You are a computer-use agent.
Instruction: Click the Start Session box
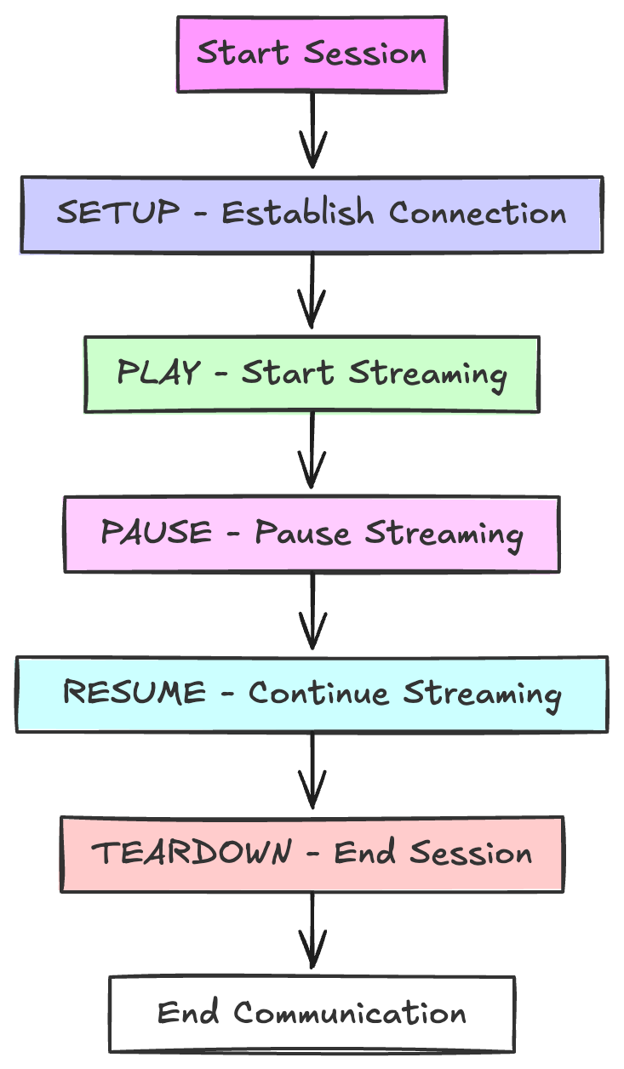pyautogui.click(x=312, y=54)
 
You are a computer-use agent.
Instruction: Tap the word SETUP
pyautogui.click(x=118, y=212)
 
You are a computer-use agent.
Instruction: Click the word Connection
pyautogui.click(x=478, y=213)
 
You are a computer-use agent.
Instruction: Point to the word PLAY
pyautogui.click(x=158, y=372)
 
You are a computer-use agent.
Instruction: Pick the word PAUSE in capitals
pyautogui.click(x=156, y=532)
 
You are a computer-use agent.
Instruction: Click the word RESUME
pyautogui.click(x=135, y=692)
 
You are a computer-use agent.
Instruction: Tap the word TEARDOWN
pyautogui.click(x=192, y=852)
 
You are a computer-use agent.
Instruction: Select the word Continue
pyautogui.click(x=318, y=693)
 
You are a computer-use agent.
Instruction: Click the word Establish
pyautogui.click(x=298, y=213)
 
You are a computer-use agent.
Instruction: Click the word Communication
pyautogui.click(x=350, y=1013)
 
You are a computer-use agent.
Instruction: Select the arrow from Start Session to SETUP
pyautogui.click(x=312, y=130)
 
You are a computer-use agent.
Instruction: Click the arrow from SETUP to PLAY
pyautogui.click(x=312, y=290)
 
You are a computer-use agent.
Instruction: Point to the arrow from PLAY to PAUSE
pyautogui.click(x=312, y=450)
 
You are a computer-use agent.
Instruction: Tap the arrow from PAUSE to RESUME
pyautogui.click(x=312, y=611)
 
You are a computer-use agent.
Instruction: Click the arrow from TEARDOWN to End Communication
pyautogui.click(x=312, y=930)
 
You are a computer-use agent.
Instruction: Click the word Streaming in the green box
pyautogui.click(x=428, y=375)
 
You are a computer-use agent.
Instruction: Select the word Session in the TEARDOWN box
pyautogui.click(x=471, y=852)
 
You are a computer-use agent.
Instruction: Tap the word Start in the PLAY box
pyautogui.click(x=288, y=372)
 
